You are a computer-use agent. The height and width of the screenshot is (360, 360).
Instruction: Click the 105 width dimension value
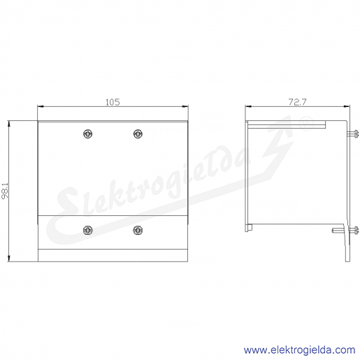[x=113, y=102]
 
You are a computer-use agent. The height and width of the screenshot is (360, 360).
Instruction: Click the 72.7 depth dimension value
[x=298, y=102]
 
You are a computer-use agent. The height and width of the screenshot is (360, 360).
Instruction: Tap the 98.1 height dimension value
[x=5, y=191]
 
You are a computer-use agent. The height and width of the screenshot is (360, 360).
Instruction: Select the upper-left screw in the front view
[x=87, y=134]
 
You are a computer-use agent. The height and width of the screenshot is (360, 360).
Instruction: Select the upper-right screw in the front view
[x=138, y=134]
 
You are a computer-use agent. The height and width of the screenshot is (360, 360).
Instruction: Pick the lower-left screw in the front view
[x=87, y=230]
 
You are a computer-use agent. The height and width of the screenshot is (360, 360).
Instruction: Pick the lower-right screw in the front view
[x=138, y=230]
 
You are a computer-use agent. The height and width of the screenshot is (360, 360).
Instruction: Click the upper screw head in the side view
[x=353, y=134]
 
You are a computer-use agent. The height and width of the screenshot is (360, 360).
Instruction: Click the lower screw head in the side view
[x=353, y=230]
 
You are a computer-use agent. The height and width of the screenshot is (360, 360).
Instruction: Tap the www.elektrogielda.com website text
[x=300, y=350]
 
